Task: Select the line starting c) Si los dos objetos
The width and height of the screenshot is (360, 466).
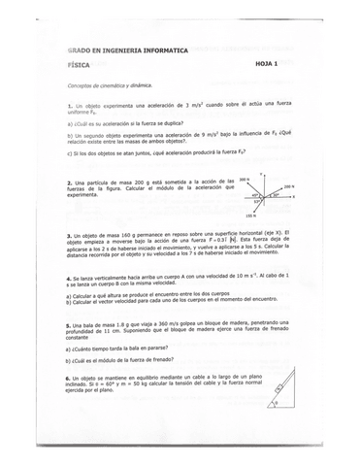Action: tap(146, 152)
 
